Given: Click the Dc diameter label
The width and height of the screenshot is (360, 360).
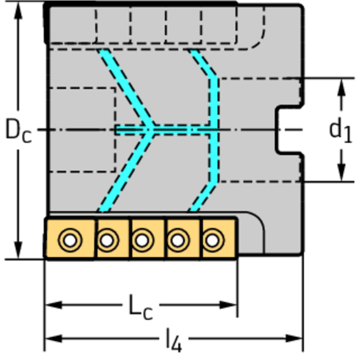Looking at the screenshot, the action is click(x=18, y=130).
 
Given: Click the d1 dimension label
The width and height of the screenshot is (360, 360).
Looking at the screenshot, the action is click(x=341, y=131).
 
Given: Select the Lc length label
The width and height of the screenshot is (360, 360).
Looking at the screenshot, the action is click(x=141, y=307).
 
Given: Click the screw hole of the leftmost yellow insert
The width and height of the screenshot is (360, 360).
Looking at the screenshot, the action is click(x=70, y=240).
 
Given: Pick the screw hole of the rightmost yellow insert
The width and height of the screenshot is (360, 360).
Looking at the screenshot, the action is click(x=212, y=240).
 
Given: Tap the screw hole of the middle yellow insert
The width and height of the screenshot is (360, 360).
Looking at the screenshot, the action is click(x=142, y=240).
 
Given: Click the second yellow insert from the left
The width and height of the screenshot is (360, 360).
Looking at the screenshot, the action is click(x=112, y=239).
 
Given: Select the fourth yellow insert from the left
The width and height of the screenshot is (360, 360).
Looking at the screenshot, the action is click(x=183, y=239).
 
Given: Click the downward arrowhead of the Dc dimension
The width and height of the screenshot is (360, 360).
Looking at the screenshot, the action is click(x=18, y=250).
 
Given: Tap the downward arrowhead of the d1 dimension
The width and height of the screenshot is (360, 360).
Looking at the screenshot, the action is click(x=342, y=173).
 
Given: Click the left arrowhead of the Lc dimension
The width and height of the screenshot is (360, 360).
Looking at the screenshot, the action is click(x=54, y=305).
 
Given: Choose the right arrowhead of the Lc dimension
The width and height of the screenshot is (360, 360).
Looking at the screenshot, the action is click(x=228, y=305).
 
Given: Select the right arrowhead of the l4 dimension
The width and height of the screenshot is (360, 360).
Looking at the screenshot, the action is click(x=294, y=338).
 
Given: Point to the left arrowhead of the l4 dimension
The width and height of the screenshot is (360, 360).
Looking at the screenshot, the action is click(x=54, y=338).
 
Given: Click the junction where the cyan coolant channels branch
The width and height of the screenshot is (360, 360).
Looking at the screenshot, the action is click(x=150, y=130).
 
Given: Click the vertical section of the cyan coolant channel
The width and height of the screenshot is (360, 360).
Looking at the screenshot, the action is click(x=214, y=130).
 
